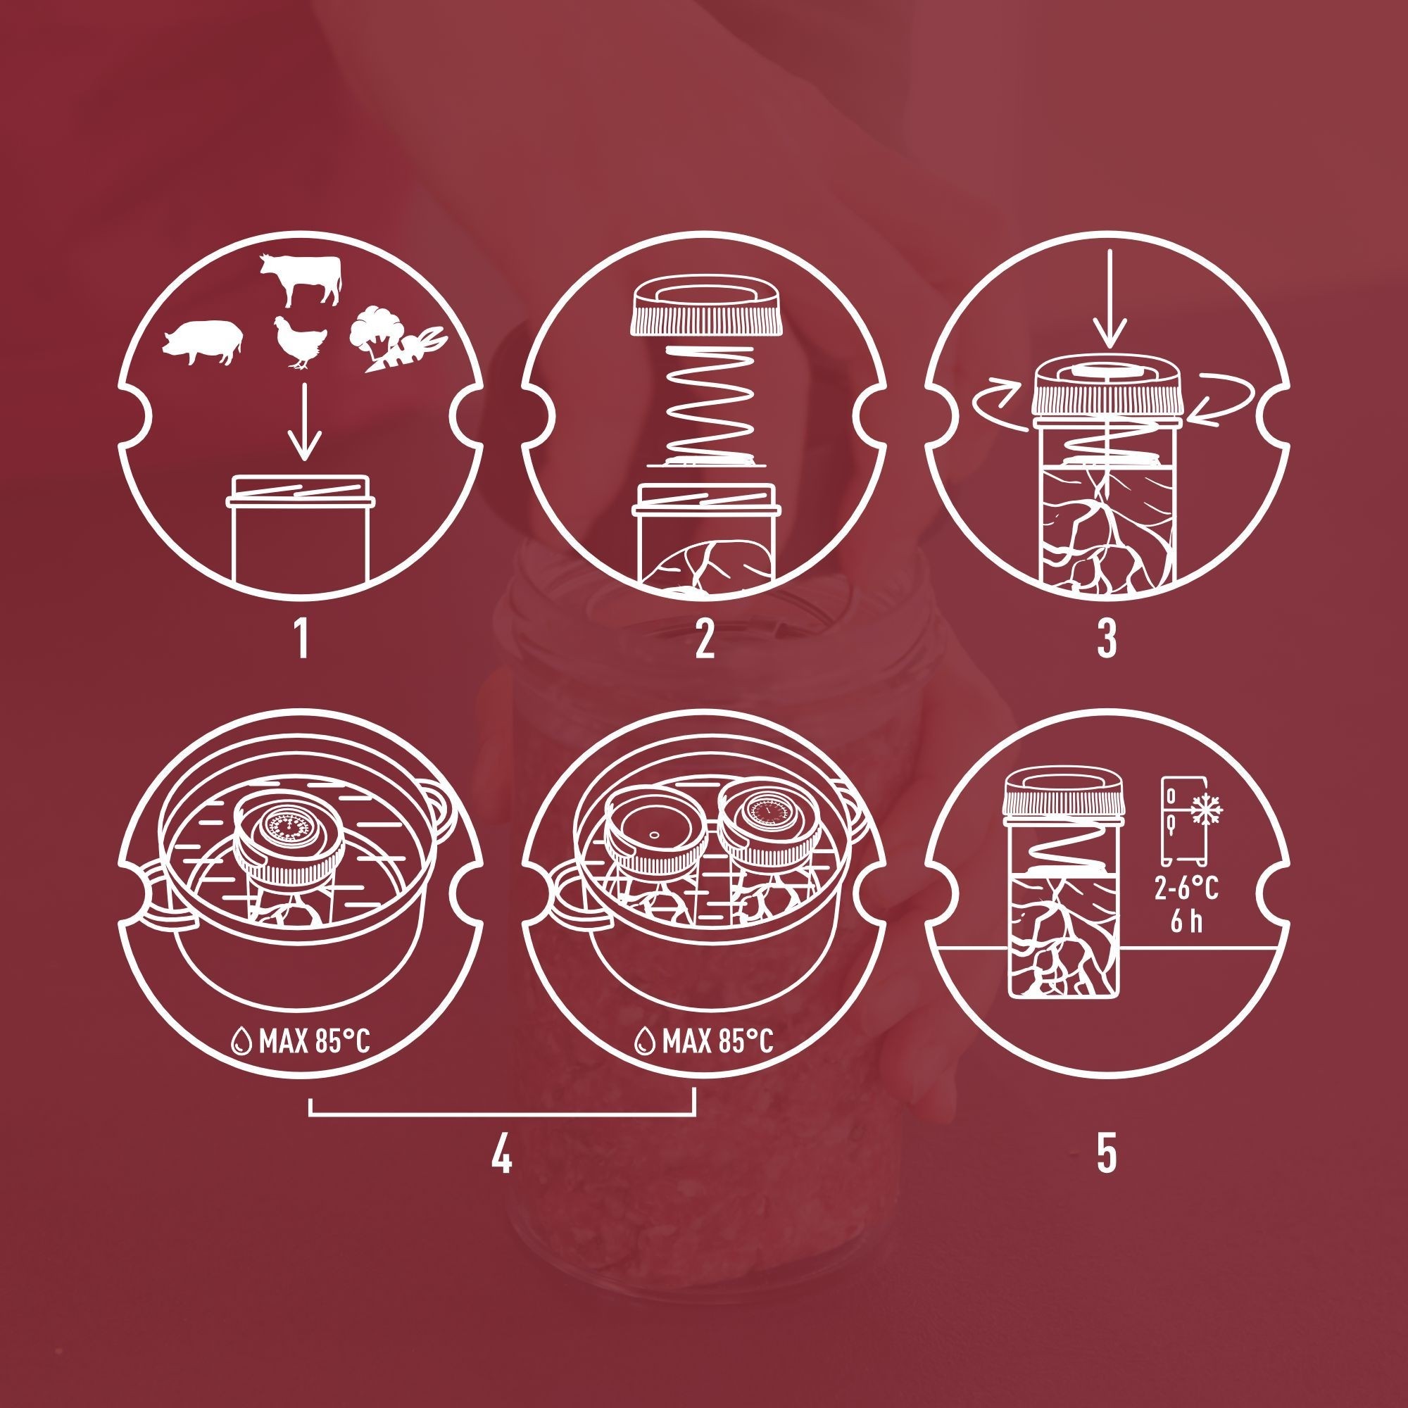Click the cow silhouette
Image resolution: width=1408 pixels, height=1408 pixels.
pyautogui.click(x=301, y=280)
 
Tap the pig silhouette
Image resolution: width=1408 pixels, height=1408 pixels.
pyautogui.click(x=203, y=342)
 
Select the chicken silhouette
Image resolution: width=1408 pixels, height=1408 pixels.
pyautogui.click(x=296, y=344)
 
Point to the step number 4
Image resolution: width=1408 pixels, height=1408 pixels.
pyautogui.click(x=501, y=1152)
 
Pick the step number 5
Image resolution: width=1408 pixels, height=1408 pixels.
pyautogui.click(x=1107, y=1152)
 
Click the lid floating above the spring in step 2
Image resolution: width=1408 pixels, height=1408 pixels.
pyautogui.click(x=704, y=308)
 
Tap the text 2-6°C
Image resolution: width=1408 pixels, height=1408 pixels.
pyautogui.click(x=1186, y=888)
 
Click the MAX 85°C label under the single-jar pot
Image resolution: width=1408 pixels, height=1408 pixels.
pyautogui.click(x=313, y=1042)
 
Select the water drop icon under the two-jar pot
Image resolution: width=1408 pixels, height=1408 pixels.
pyautogui.click(x=643, y=1042)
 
